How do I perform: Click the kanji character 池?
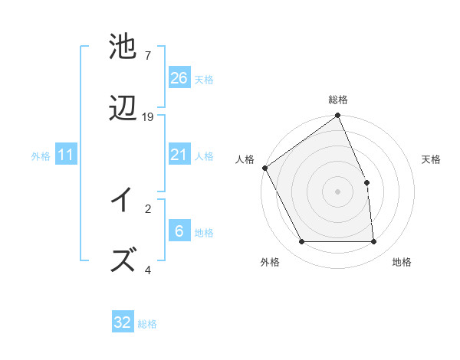123,47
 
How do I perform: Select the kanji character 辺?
123,108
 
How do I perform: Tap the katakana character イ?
123,201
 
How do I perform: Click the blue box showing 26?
179,78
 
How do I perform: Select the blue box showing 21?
179,155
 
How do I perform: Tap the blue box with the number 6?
179,232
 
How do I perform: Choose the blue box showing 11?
65,155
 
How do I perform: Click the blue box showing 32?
123,322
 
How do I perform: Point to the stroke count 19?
148,117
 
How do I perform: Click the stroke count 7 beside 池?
147,56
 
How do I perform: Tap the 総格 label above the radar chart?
338,100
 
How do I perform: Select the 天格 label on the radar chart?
431,159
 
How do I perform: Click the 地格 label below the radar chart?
402,262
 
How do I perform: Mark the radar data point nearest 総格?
338,116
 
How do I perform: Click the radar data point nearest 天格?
366,182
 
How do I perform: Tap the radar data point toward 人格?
264,168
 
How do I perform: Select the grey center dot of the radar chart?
338,191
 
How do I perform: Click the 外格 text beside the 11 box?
41,156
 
